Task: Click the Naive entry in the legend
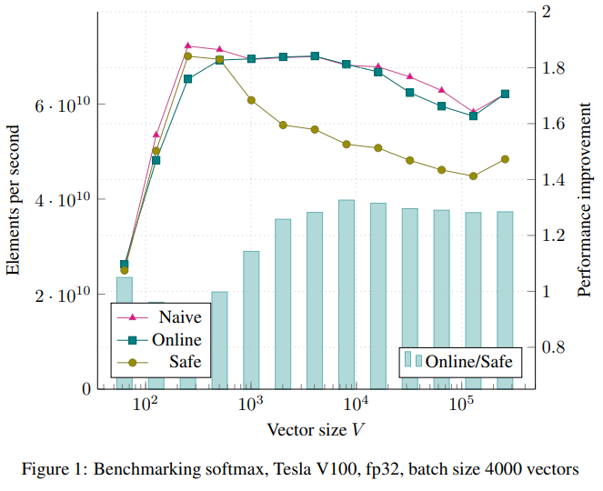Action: point(179,317)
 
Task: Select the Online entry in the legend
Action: point(177,340)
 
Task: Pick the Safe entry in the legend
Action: point(185,363)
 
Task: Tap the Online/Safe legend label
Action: point(470,361)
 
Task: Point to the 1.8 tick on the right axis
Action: point(554,68)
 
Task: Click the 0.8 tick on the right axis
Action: point(554,348)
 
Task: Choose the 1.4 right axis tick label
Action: point(554,180)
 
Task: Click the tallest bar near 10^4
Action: point(347,291)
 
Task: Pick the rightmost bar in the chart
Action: point(505,300)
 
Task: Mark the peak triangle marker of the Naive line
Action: point(187,45)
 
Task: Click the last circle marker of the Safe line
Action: point(505,159)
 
